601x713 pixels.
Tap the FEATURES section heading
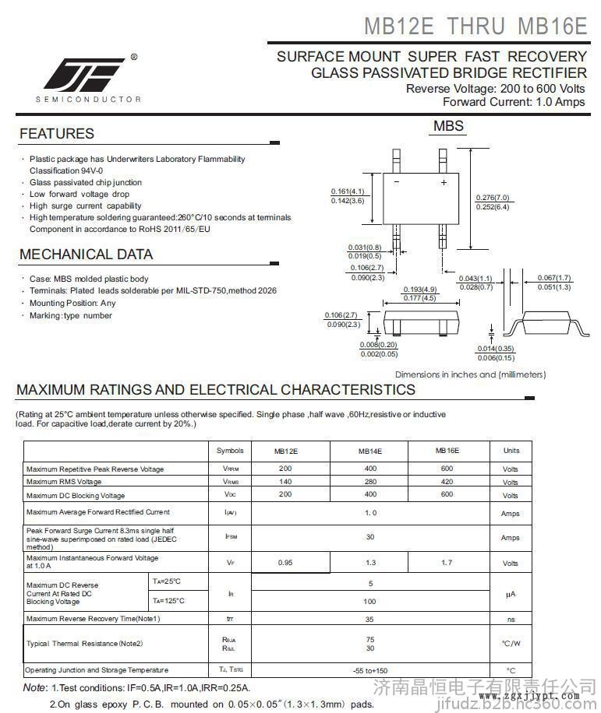[57, 134]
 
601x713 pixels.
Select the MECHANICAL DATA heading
[86, 255]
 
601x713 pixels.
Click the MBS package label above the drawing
[448, 126]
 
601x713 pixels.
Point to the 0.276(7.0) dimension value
[492, 198]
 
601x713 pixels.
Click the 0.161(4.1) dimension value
[348, 191]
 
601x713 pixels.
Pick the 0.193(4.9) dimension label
[419, 290]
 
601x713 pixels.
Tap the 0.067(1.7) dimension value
[554, 278]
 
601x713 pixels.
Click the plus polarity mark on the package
[444, 183]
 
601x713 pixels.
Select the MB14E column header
[370, 451]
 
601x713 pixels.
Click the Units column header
[511, 451]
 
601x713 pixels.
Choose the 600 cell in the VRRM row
[447, 469]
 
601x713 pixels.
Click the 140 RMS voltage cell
[285, 482]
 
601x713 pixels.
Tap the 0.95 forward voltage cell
[285, 562]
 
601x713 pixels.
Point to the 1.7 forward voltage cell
[447, 562]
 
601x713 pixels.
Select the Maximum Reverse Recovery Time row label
[94, 619]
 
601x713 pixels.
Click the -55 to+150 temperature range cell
[370, 670]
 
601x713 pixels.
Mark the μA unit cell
[511, 594]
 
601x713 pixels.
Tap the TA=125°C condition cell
[168, 601]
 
